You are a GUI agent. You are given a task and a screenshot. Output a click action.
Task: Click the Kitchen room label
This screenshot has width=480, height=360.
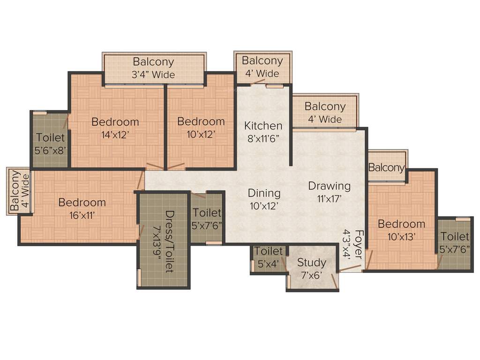[x=263, y=126]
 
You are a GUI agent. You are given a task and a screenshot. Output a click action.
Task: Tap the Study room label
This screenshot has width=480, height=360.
[x=312, y=262]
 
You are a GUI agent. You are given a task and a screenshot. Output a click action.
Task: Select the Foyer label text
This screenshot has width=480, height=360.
[x=359, y=244]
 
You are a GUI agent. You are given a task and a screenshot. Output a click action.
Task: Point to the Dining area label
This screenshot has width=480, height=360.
[x=264, y=193]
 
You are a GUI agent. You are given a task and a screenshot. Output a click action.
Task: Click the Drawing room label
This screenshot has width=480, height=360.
[x=330, y=186]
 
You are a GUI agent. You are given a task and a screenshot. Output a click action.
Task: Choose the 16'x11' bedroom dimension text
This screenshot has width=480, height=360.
[x=82, y=216]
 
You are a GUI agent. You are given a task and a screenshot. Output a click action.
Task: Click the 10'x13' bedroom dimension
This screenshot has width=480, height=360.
[x=402, y=237]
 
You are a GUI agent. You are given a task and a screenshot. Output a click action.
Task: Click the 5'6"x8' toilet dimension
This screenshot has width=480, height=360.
[x=50, y=151]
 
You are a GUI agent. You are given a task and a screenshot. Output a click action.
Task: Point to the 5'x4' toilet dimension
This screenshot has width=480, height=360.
[x=269, y=264]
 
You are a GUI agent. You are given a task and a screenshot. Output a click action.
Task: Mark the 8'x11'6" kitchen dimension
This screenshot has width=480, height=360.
[x=263, y=139]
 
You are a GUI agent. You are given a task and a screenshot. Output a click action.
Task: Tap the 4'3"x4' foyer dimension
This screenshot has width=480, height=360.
[x=347, y=244]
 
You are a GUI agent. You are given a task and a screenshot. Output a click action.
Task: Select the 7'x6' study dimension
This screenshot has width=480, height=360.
[x=312, y=275]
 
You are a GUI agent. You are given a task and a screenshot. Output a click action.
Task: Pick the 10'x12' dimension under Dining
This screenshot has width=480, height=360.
[x=264, y=206]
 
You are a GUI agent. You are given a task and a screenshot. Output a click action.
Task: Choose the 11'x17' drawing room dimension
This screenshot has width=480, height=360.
[x=330, y=199]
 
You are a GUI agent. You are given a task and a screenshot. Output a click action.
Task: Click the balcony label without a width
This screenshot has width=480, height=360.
[x=387, y=168]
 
